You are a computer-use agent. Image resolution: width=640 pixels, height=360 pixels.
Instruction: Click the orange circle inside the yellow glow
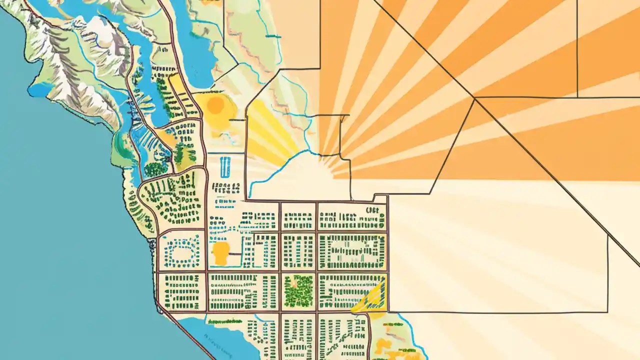(x=215, y=105)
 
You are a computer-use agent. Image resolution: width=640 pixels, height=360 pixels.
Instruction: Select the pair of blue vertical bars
(x=225, y=167)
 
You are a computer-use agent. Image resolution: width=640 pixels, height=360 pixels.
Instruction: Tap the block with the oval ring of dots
(x=181, y=251)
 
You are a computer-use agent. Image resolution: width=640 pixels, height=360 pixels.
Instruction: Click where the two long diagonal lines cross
(x=474, y=98)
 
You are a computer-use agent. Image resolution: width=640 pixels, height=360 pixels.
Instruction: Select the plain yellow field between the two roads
(x=177, y=85)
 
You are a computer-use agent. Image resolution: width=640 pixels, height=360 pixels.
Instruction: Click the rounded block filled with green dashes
(x=172, y=200)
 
